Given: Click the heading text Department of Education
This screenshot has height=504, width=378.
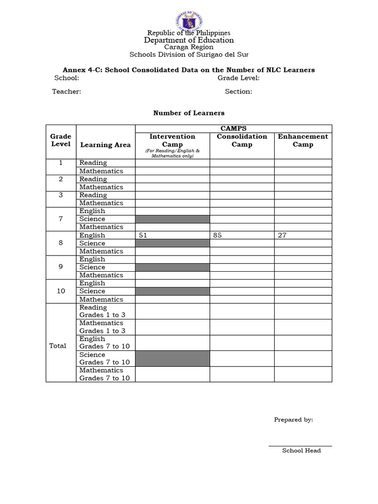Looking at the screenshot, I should click(x=189, y=40).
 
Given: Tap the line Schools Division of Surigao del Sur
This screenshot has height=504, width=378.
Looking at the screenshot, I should click(x=189, y=55).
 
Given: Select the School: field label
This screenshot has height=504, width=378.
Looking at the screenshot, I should click(x=66, y=78).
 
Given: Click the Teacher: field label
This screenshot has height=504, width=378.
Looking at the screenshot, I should click(x=67, y=92).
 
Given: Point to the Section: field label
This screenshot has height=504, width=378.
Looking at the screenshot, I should click(x=238, y=92).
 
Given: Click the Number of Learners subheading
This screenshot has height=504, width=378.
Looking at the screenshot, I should click(x=189, y=113).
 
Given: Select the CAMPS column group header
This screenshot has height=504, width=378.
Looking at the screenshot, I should click(x=234, y=128).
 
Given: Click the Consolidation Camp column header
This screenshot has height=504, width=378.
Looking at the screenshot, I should click(x=242, y=140).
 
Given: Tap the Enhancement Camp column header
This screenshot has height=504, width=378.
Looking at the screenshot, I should click(x=303, y=140).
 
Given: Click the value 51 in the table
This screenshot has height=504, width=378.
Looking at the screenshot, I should click(x=143, y=235).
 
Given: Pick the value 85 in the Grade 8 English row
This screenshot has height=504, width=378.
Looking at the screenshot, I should click(x=218, y=235).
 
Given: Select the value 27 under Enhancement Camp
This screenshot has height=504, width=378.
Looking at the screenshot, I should click(x=282, y=235).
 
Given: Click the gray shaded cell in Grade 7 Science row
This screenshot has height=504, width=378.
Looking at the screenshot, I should click(x=172, y=219).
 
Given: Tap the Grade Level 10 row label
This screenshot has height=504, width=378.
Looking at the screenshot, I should click(x=61, y=291).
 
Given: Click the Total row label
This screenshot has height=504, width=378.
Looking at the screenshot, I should click(x=58, y=346).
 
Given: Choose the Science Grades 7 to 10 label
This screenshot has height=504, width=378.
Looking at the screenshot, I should click(x=104, y=358).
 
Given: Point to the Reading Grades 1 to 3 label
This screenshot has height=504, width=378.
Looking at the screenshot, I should click(x=102, y=311).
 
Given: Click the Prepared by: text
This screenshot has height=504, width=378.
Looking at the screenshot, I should click(x=293, y=420).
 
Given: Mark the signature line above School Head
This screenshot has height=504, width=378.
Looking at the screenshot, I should click(x=300, y=446).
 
